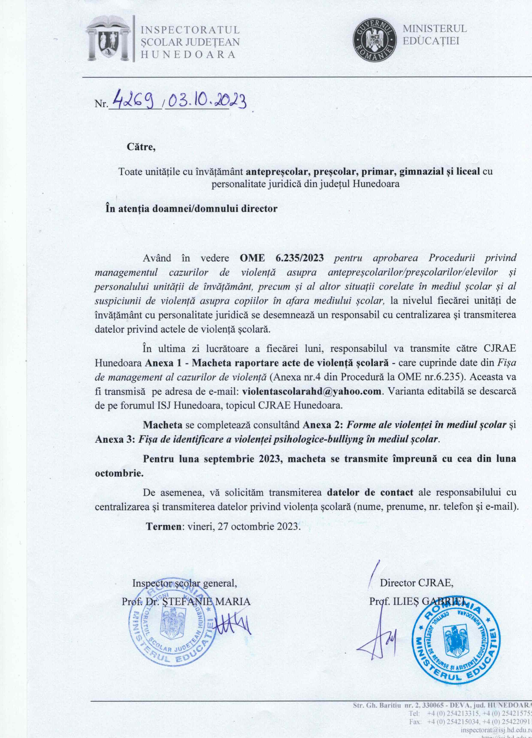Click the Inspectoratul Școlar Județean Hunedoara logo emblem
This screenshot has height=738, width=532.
tap(108, 39)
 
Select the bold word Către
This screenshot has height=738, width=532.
tap(141, 147)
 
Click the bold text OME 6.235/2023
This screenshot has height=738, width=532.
tap(281, 258)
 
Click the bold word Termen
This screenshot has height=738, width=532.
tap(164, 526)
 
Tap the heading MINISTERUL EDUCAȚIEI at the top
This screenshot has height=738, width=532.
tap(435, 35)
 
